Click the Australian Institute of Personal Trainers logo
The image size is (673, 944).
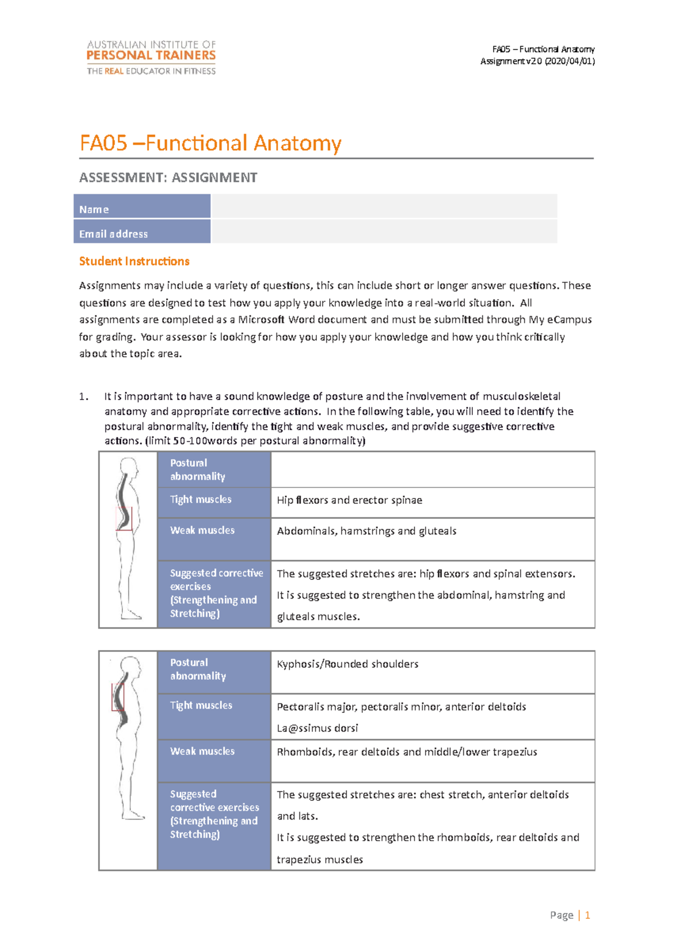pos(151,57)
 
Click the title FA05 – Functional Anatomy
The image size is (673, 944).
pos(210,143)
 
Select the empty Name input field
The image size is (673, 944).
pos(384,206)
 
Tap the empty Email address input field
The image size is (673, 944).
pos(384,231)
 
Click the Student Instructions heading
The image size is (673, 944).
pos(134,261)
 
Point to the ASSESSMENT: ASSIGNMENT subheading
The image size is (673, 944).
pos(168,178)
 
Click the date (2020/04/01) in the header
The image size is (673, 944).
pos(570,61)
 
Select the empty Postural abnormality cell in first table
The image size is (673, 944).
pos(432,469)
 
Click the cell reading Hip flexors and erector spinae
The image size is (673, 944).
pos(349,500)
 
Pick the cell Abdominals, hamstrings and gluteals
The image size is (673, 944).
pos(366,531)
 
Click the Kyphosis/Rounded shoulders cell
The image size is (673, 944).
pos(347,664)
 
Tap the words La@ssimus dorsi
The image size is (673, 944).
pos(317,728)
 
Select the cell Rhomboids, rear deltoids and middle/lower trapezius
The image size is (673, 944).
pos(407,752)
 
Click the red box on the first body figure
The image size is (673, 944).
pos(124,518)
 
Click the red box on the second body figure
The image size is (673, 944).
pos(118,697)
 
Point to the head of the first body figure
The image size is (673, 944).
pos(129,467)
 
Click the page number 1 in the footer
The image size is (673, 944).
pos(587,915)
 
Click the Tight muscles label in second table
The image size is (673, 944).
pos(201,706)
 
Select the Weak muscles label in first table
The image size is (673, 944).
pos(202,531)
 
